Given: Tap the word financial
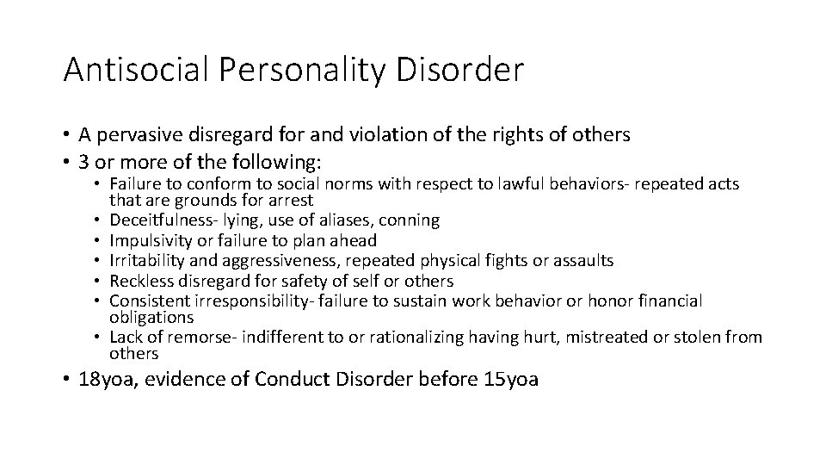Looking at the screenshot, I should (669, 301).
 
